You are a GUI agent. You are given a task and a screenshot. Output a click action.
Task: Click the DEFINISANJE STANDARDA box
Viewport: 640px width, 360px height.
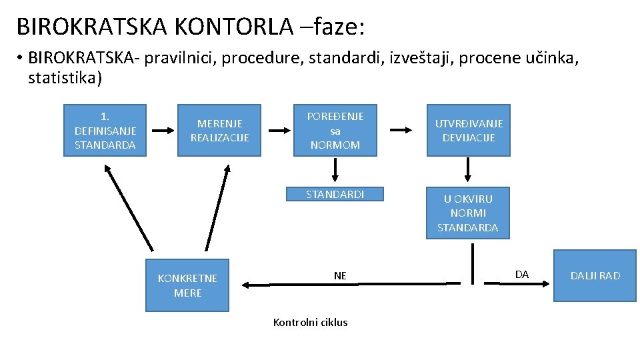tap(105, 130)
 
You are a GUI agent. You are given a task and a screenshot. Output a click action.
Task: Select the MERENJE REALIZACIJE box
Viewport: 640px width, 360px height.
tap(219, 130)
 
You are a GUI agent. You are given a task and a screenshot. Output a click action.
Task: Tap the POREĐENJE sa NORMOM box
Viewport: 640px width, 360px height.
tap(335, 130)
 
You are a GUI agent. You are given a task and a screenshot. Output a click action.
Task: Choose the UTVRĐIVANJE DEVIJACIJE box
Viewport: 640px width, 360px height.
tap(469, 130)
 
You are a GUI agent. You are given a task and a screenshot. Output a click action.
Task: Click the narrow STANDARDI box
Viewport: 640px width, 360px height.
tap(335, 194)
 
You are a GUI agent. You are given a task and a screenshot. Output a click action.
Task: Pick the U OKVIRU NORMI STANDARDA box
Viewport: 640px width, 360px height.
tap(467, 213)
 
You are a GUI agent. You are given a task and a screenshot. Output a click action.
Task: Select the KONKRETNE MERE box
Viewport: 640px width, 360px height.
tap(187, 285)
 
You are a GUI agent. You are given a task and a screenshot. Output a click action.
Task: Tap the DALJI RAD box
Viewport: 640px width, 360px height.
tap(595, 275)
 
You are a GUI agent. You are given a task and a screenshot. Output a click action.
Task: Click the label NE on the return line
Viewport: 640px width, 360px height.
tap(340, 275)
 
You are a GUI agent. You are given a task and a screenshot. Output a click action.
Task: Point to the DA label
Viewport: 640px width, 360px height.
tap(522, 274)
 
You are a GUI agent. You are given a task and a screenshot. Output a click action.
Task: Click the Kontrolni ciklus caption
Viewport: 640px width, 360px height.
tap(310, 322)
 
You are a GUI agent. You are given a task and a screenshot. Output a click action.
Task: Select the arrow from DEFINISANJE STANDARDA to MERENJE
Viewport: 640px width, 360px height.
tap(162, 130)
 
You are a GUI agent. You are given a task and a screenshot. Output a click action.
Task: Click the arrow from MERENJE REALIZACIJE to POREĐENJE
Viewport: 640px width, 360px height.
tap(276, 130)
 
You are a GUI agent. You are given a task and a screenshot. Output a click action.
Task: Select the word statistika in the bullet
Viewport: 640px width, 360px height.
tap(65, 79)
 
